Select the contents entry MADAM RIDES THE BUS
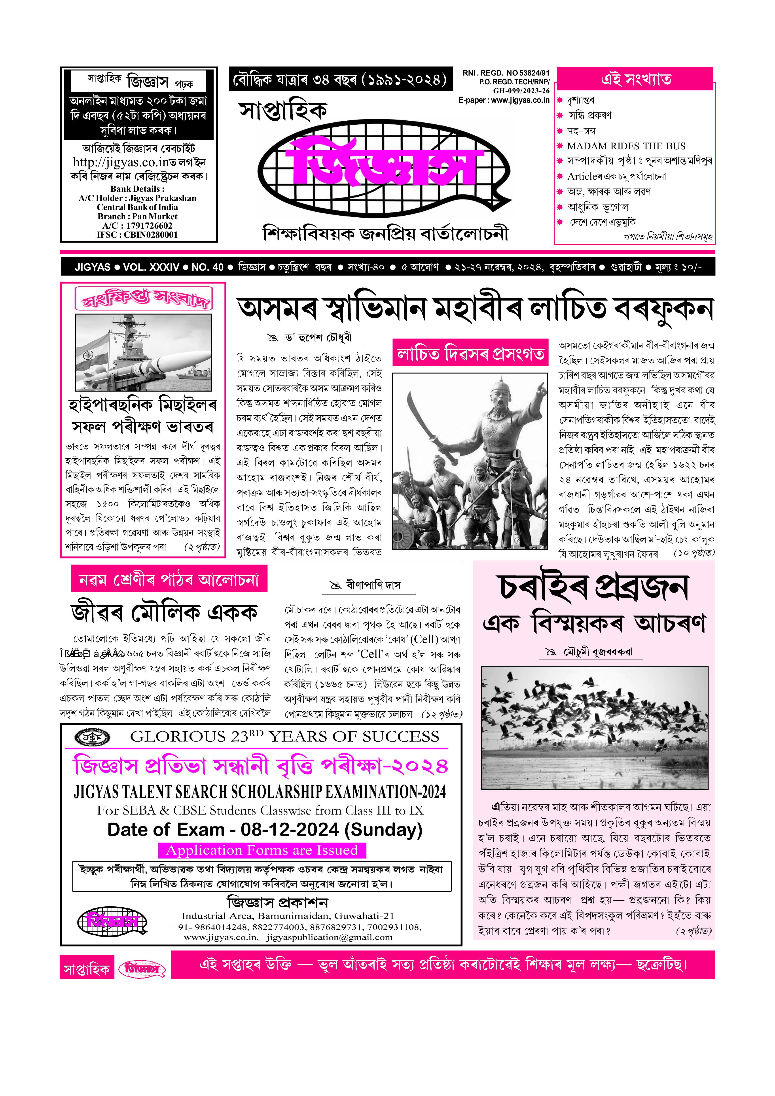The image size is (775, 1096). click(x=626, y=146)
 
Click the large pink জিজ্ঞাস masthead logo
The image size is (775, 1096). click(x=384, y=162)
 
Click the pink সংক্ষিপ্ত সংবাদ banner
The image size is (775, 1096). click(x=143, y=299)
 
